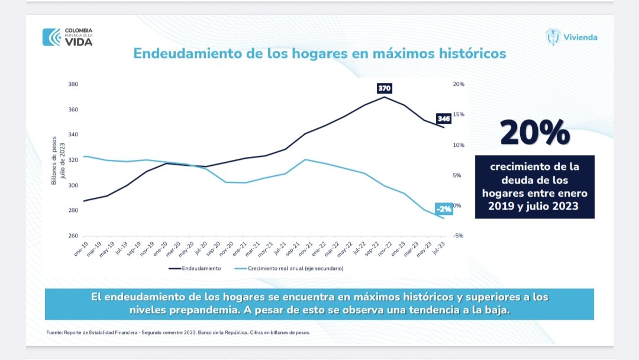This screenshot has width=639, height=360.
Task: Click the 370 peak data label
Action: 385,88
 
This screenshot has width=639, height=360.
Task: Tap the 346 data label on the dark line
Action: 444,118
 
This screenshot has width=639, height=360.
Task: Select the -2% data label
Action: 444,209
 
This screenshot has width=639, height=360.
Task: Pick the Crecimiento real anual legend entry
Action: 289,268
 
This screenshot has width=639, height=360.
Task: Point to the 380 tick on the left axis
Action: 73,84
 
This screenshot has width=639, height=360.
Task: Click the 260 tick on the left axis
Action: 73,236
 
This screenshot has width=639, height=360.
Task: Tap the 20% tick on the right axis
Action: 459,84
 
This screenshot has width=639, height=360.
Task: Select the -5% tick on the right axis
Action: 459,236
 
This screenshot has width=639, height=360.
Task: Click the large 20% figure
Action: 535,133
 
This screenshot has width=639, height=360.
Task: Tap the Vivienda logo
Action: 572,37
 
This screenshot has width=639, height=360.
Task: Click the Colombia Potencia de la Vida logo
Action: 67,37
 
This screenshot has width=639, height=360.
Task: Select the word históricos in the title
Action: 470,53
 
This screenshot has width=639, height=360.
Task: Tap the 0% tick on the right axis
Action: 457,205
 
